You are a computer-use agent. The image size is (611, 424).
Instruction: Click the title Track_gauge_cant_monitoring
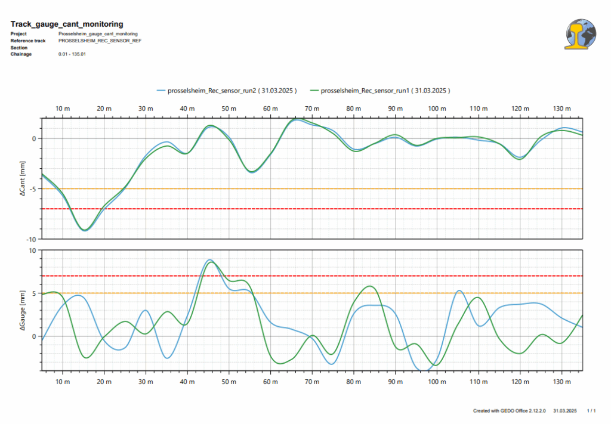67,24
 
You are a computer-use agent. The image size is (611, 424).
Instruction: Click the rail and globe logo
580,33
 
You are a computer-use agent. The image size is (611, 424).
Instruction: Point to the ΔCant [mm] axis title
22,178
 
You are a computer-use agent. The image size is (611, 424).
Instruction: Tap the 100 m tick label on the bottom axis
437,381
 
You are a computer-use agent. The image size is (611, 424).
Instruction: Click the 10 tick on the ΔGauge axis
33,250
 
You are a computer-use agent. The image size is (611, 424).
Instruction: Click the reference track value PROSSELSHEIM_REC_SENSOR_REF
100,41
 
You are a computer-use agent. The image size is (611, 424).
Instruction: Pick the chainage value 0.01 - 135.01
72,54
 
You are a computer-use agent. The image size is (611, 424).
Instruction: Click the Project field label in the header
18,34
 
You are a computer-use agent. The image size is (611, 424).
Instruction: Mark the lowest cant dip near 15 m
85,230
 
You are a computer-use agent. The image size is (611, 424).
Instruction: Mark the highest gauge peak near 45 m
209,260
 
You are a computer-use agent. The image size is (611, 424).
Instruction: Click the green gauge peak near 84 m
370,286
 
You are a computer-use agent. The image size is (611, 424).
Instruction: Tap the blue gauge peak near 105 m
458,291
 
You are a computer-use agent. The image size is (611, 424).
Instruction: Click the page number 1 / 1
591,411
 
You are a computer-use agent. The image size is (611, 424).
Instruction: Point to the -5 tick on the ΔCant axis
33,188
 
